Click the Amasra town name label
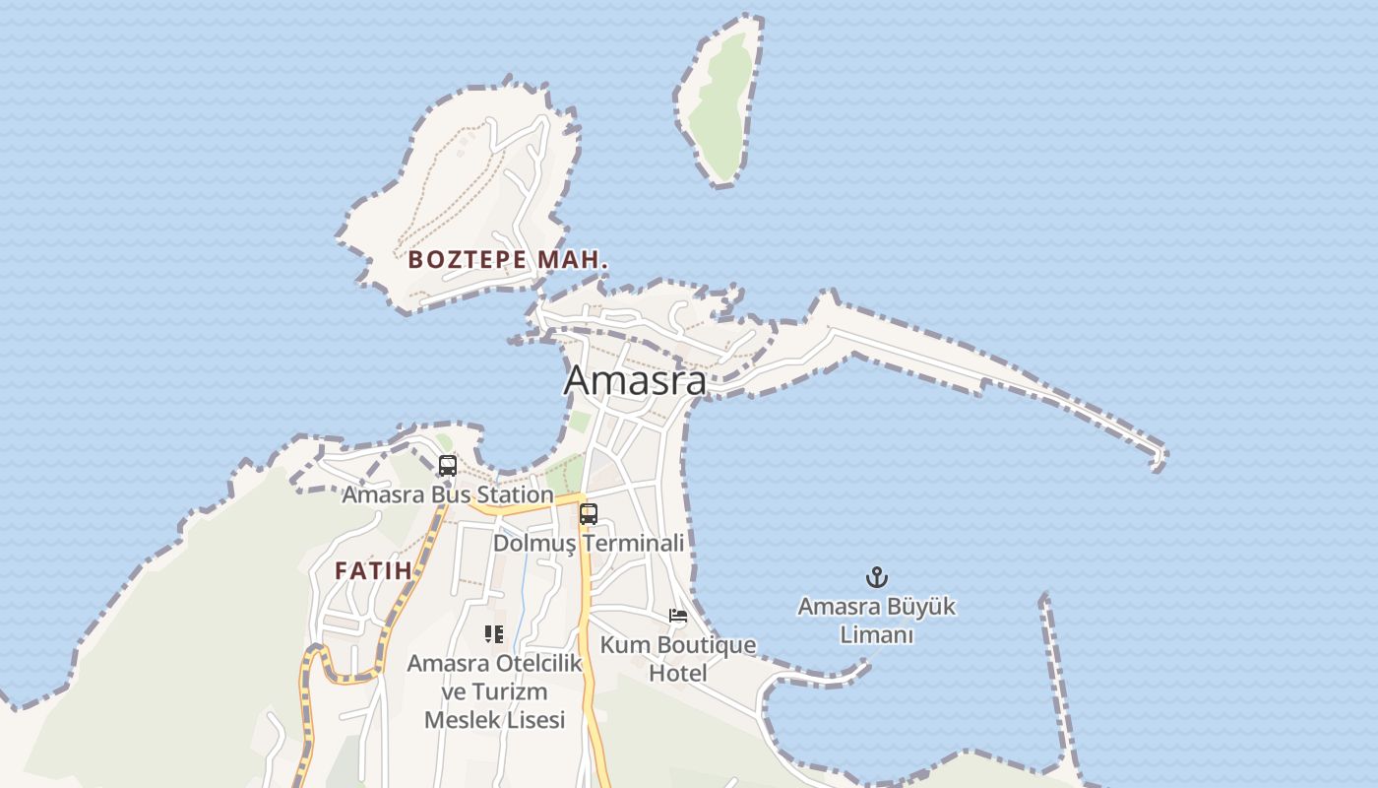[635, 380]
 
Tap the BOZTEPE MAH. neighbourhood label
[508, 260]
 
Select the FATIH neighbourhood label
[373, 570]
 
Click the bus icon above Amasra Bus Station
[448, 465]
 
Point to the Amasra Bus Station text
[447, 494]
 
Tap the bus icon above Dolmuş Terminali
[589, 513]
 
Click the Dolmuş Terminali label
[589, 543]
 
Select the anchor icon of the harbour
[876, 577]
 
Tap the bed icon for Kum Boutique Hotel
[678, 616]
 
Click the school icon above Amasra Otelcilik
[494, 633]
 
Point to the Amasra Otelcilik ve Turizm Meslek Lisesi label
[495, 691]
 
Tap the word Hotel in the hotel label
[678, 674]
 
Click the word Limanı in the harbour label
[877, 635]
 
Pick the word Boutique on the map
[707, 645]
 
